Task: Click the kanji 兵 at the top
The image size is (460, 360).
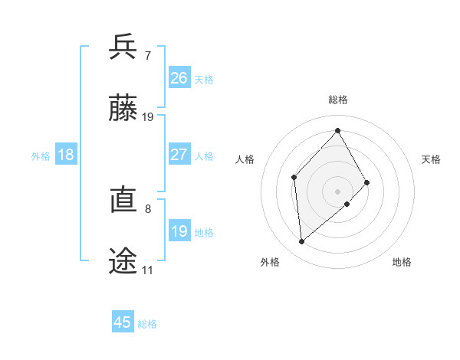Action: [123, 47]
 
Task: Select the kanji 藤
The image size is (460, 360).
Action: [123, 109]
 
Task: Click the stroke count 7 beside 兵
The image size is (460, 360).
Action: [147, 55]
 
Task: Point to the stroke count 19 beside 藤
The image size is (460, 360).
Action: [148, 117]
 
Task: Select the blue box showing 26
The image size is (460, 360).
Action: [179, 77]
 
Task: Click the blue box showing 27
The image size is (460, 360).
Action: [179, 155]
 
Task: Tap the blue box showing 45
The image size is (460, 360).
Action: [123, 322]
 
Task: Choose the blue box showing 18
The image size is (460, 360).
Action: [66, 155]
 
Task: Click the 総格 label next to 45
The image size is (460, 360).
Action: [147, 324]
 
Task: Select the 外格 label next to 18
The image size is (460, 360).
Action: [41, 156]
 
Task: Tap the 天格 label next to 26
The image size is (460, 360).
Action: [204, 80]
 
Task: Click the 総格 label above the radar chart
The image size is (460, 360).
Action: [337, 100]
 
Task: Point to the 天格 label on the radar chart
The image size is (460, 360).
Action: [431, 159]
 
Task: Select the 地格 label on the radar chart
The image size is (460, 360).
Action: [402, 262]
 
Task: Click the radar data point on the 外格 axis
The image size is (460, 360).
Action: [302, 242]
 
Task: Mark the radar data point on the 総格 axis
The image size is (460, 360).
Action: [337, 130]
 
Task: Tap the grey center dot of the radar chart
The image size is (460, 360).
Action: [337, 191]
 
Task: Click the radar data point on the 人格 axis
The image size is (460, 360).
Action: [294, 178]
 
